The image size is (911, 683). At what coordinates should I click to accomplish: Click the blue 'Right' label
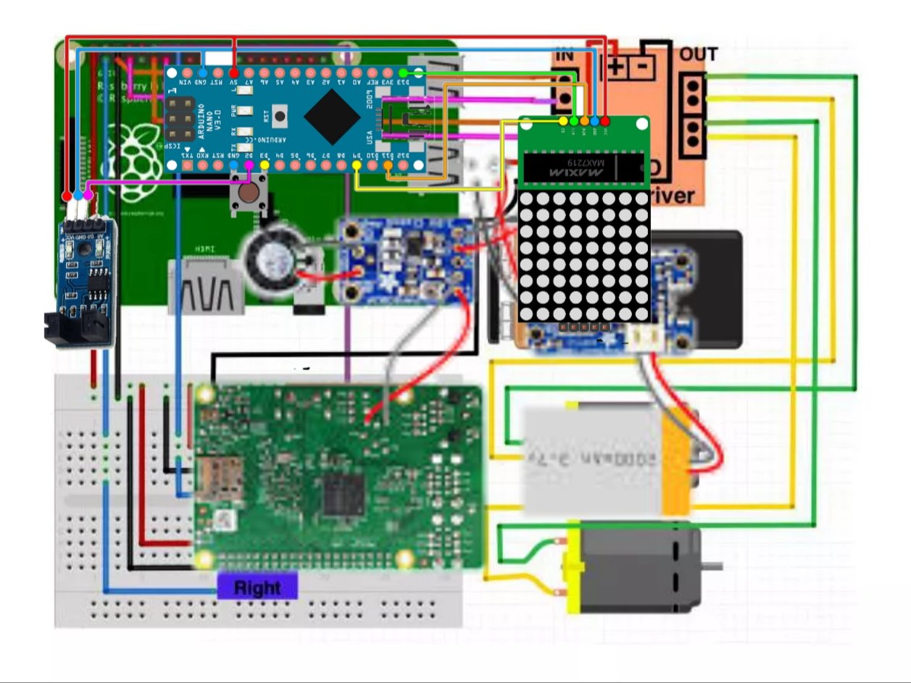click(x=257, y=587)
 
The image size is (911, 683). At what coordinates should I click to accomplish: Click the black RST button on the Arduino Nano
click(x=280, y=114)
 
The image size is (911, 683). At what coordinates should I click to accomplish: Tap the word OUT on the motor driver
click(x=698, y=54)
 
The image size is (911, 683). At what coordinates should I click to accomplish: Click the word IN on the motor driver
click(x=565, y=55)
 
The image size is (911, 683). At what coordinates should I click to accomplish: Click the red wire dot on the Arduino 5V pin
click(x=233, y=72)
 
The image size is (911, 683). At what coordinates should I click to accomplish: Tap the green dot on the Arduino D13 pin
click(x=404, y=72)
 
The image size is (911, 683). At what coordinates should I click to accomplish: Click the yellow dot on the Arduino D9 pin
click(x=357, y=165)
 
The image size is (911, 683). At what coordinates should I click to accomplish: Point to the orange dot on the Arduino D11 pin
click(x=388, y=165)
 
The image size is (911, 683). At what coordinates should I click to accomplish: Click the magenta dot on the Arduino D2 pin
click(x=249, y=165)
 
